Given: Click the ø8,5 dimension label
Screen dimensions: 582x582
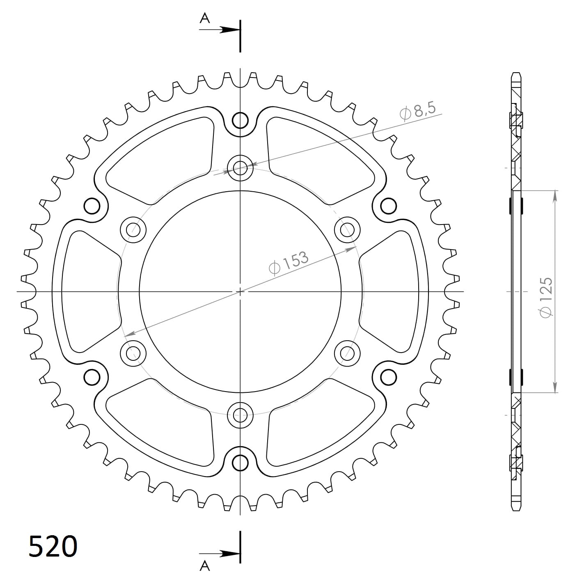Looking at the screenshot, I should [x=419, y=110].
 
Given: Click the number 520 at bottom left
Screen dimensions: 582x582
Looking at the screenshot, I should [x=53, y=546].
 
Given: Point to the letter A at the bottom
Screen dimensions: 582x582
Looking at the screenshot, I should [x=205, y=566].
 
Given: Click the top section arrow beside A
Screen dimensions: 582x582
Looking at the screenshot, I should [x=228, y=30].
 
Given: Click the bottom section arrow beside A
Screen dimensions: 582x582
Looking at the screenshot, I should [x=228, y=553].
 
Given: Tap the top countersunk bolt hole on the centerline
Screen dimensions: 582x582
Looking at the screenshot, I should [x=240, y=167].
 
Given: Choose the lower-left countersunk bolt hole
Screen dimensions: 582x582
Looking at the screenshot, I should [x=133, y=353].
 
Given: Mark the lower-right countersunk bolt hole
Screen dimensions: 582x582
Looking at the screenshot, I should [x=347, y=353].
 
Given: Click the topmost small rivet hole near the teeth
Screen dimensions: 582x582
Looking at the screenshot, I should [x=240, y=121].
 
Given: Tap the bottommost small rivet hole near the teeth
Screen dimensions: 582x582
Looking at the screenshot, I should [x=240, y=463].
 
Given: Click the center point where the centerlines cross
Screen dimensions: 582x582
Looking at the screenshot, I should [x=240, y=291].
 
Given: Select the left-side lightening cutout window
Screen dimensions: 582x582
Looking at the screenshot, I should [x=88, y=291].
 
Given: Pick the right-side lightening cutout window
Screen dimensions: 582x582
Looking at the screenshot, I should [x=392, y=291].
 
